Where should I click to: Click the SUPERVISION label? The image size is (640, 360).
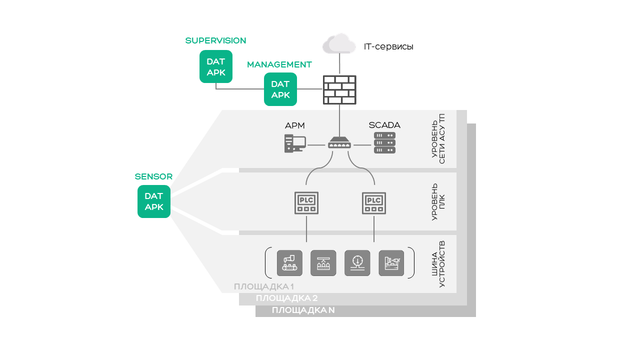(215, 40)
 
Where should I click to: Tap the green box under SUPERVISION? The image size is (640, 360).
(216, 66)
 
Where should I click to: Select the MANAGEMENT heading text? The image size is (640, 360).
(279, 64)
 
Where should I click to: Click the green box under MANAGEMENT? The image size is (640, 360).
(280, 89)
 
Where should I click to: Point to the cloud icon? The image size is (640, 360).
(339, 43)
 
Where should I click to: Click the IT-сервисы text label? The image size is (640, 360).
(388, 47)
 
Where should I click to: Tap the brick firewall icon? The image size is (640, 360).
(339, 90)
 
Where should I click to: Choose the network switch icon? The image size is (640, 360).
(339, 143)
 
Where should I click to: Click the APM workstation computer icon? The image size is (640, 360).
(294, 143)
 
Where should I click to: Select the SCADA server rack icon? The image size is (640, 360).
(384, 142)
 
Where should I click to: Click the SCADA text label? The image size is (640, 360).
(384, 125)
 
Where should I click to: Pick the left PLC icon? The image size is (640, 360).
(306, 203)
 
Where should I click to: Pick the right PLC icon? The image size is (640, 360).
(374, 203)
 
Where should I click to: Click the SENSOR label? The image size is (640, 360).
(153, 176)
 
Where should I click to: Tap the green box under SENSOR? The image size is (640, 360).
(154, 201)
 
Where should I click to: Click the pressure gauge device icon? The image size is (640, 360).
(357, 263)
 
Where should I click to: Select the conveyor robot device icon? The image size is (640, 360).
(289, 263)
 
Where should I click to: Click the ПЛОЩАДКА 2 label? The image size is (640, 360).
(286, 298)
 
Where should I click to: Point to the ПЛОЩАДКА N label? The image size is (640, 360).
(303, 310)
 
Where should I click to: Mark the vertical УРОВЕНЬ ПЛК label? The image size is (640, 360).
(438, 202)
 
